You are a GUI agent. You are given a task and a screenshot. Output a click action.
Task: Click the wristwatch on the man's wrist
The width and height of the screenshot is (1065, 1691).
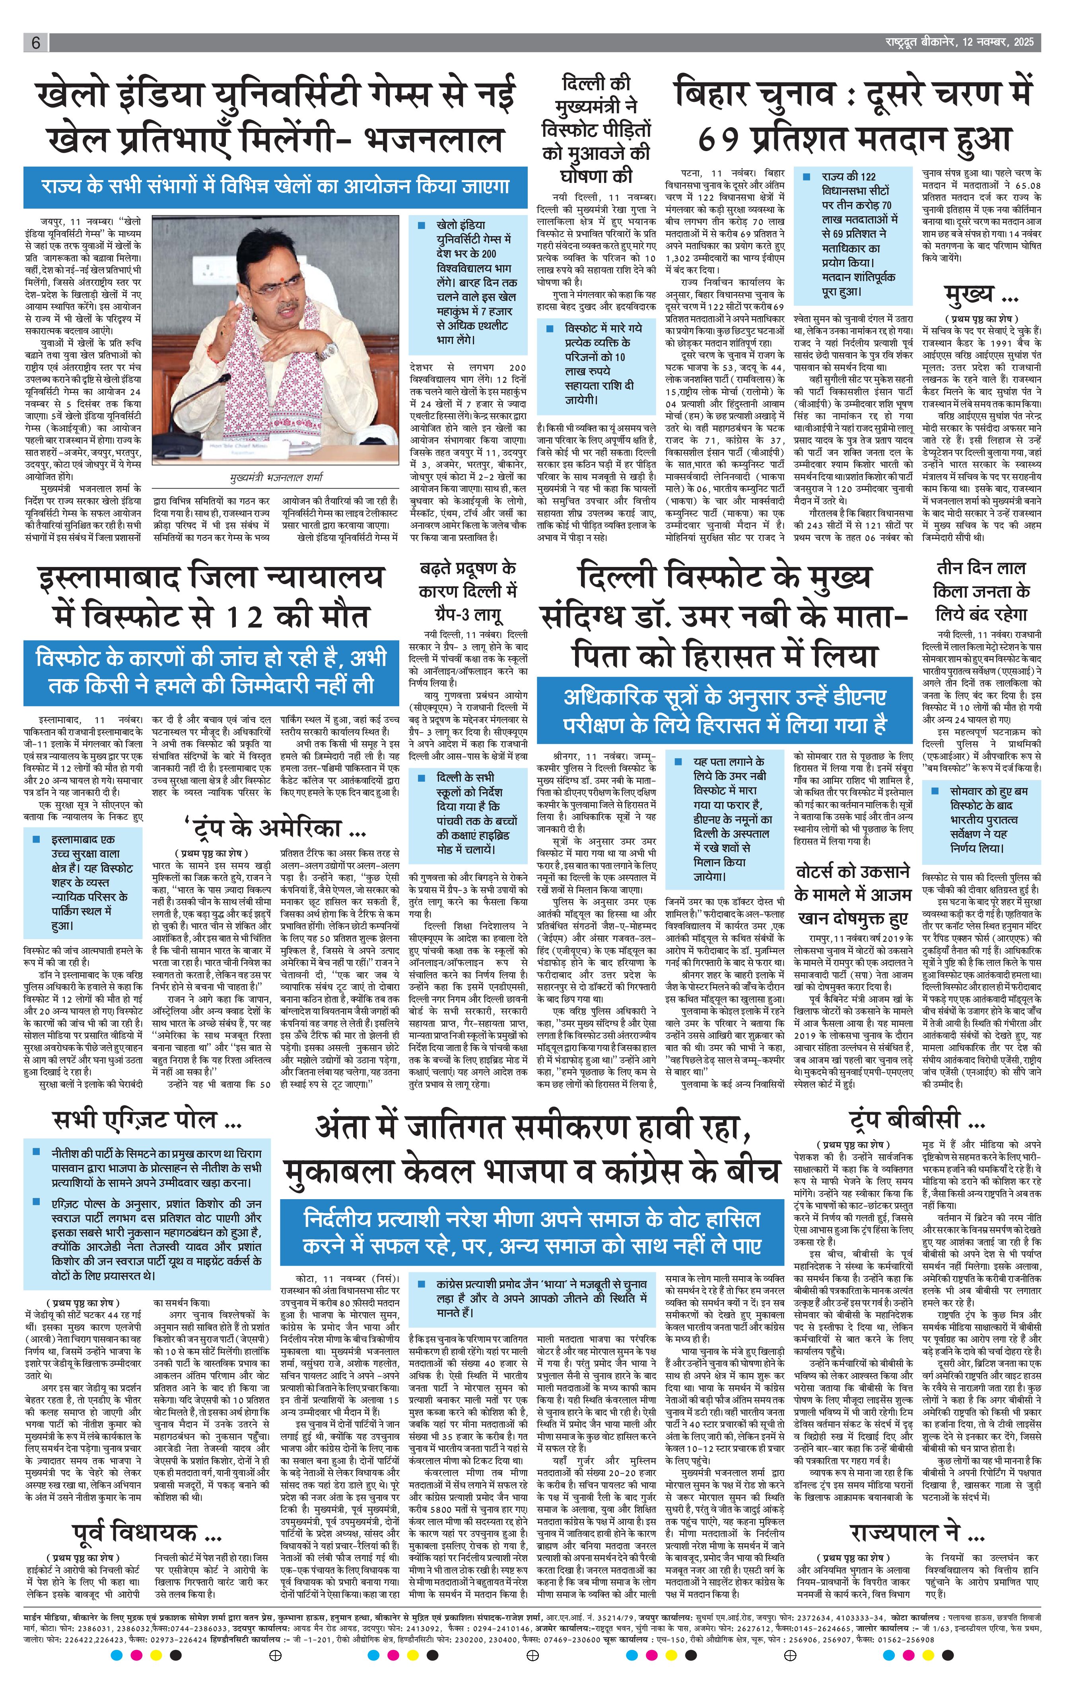328,349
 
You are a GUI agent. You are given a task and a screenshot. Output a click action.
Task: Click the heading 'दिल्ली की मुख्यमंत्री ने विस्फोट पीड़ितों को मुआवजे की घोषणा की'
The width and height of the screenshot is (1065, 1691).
596,129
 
